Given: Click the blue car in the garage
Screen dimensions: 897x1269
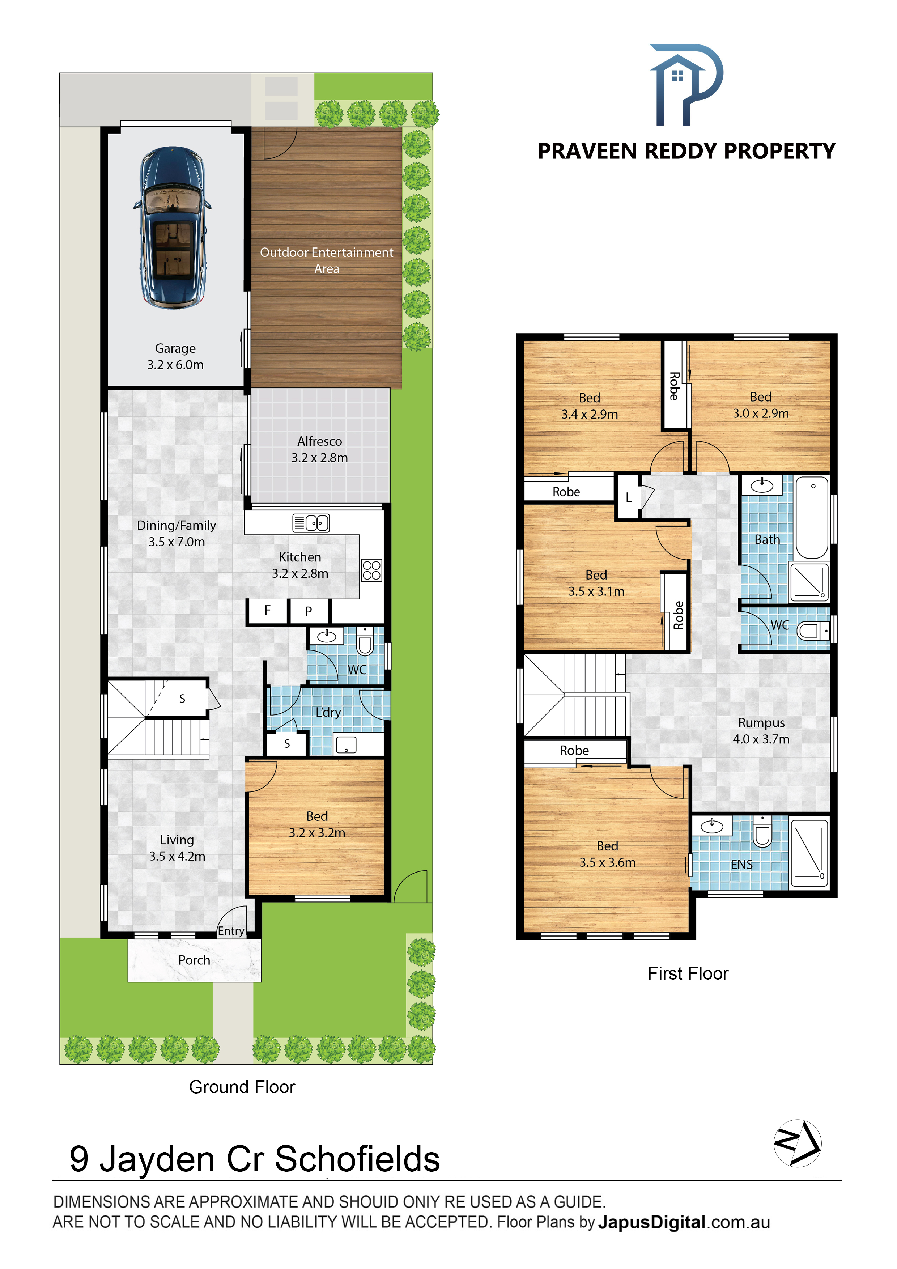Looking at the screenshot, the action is point(172,227).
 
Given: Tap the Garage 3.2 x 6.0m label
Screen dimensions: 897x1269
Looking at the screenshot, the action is point(175,356).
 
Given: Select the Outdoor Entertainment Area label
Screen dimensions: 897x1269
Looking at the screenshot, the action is point(327,260).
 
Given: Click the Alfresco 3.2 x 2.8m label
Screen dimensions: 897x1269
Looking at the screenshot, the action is point(319,449).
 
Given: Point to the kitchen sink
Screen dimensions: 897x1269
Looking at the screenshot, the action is point(311,523).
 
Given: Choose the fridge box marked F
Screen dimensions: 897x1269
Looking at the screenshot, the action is point(268,611).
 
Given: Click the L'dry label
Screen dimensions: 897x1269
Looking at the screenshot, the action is point(328,712).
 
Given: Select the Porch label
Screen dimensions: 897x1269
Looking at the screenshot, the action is point(194,960).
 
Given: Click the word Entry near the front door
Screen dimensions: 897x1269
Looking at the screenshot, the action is point(231,931).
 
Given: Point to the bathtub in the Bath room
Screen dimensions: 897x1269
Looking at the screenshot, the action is point(812,518).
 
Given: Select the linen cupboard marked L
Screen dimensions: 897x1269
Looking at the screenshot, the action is point(628,497).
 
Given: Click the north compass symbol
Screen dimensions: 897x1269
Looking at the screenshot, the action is point(798,1143).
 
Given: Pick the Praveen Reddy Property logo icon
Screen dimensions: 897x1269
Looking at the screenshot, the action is point(686,85).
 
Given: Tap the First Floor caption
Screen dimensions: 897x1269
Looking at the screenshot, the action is point(688,973).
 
